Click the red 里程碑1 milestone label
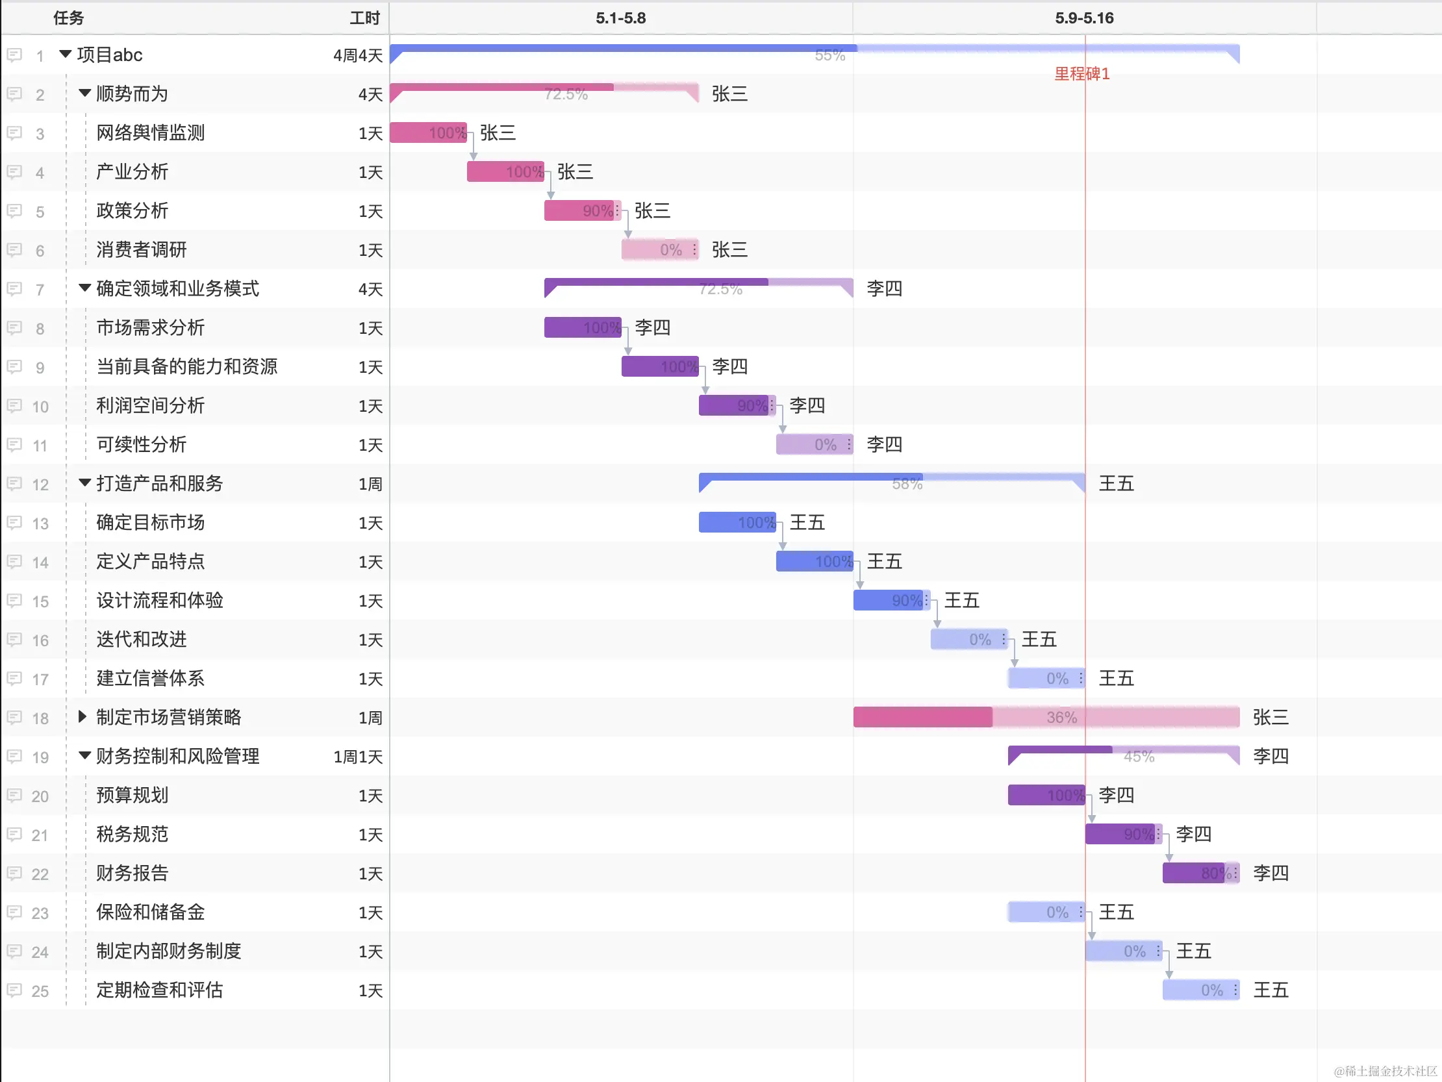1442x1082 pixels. coord(1081,73)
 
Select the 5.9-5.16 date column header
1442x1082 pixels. coord(1084,18)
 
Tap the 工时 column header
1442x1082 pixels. coord(364,18)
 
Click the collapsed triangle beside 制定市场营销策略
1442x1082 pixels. coord(82,717)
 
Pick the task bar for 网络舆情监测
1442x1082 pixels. coord(427,133)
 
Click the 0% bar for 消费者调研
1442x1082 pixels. coord(660,249)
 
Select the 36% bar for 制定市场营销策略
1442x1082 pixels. coord(1046,717)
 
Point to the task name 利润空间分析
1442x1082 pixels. coord(151,405)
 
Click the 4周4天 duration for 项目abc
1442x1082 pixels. coord(357,55)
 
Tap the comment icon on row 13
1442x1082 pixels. coord(14,523)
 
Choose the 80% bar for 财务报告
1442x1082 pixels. coord(1200,873)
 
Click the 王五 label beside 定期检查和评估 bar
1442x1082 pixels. coord(1271,990)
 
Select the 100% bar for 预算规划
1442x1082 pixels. coord(1046,795)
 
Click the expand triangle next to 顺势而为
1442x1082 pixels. coord(84,94)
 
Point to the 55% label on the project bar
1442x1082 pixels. coord(829,55)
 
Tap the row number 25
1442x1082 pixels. coord(40,990)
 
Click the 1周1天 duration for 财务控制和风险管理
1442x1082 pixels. coord(357,757)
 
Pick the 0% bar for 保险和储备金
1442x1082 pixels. coord(1046,912)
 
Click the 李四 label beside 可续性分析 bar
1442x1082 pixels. coord(884,444)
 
